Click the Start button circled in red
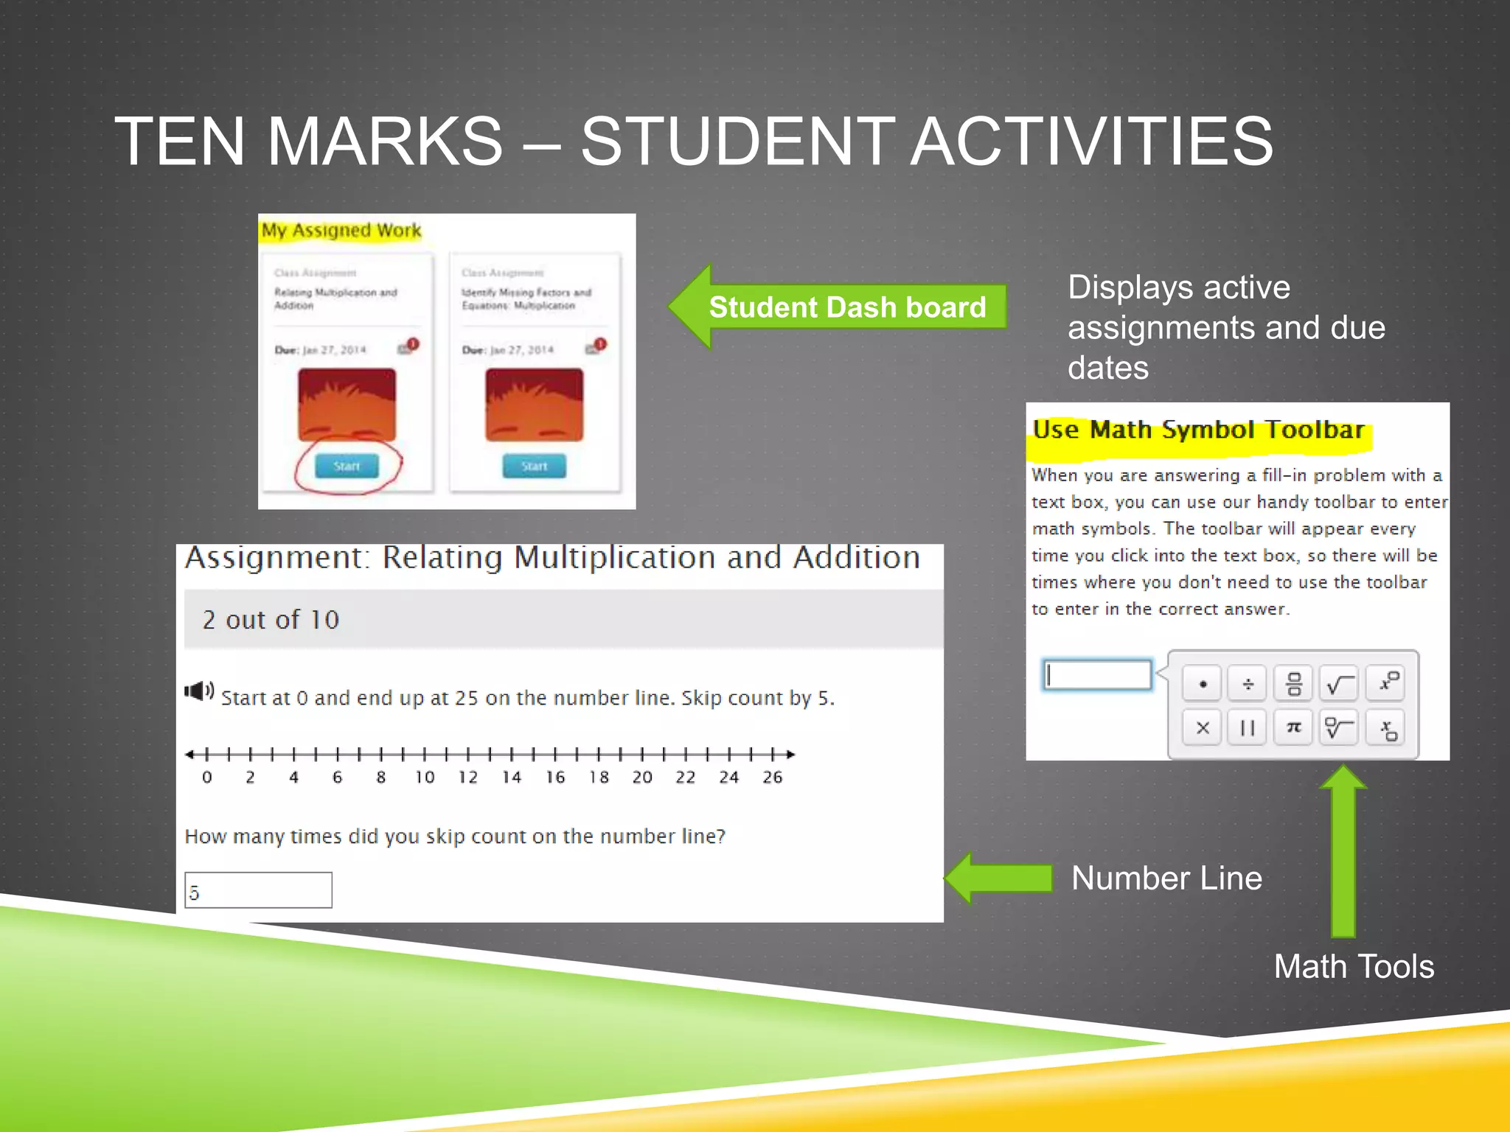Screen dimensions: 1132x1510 [347, 466]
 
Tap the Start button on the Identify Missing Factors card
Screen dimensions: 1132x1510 [534, 466]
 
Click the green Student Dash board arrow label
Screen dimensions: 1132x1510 [846, 307]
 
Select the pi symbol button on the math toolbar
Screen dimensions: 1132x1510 [1293, 727]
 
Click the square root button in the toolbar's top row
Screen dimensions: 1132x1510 [1339, 683]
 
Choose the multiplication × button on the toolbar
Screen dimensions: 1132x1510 [1203, 727]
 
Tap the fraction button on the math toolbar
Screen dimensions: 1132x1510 [1293, 683]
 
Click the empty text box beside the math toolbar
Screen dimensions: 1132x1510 [1097, 675]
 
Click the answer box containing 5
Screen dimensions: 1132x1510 [258, 890]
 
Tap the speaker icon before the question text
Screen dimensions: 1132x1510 [198, 691]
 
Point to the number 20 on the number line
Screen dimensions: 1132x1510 [642, 777]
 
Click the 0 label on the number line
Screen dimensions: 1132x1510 [207, 777]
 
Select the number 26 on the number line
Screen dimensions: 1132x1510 [772, 777]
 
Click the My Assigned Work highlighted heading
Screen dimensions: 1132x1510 [341, 231]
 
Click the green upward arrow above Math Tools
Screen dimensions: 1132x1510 [1343, 848]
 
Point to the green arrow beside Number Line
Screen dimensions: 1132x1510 [999, 878]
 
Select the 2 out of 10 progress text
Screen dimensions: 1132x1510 [271, 620]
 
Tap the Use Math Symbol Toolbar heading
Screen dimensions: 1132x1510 [1198, 430]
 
